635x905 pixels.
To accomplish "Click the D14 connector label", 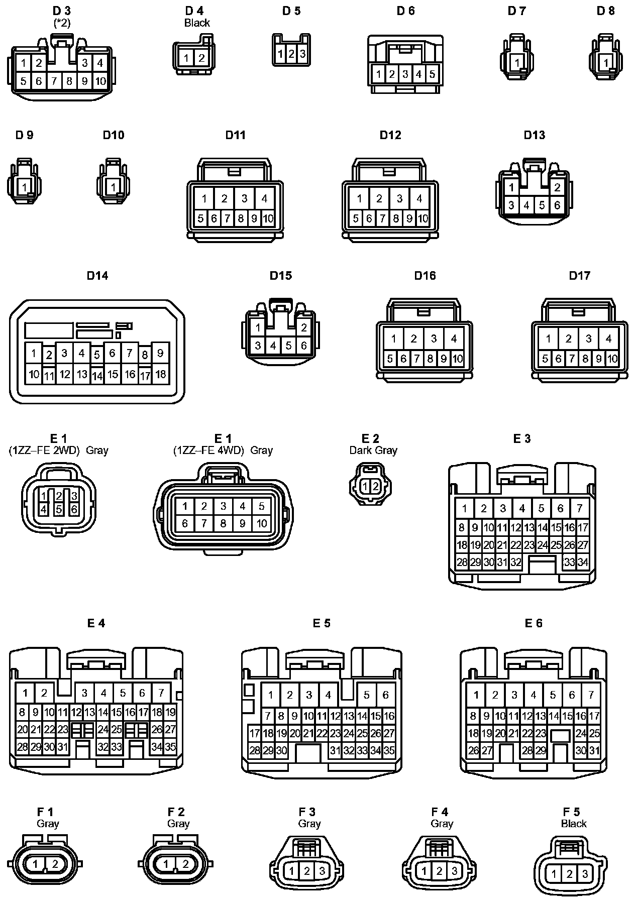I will pyautogui.click(x=97, y=275).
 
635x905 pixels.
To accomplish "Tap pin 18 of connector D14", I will pyautogui.click(x=160, y=374).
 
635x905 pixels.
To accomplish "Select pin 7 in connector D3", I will pyautogui.click(x=54, y=81).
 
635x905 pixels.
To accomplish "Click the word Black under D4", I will pyautogui.click(x=197, y=23).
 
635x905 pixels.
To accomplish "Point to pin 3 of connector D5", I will pyautogui.click(x=302, y=54).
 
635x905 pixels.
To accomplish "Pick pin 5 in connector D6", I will pyautogui.click(x=432, y=74).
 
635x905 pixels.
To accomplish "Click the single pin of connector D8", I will pyautogui.click(x=606, y=63).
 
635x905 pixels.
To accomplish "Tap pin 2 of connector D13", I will pyautogui.click(x=557, y=188).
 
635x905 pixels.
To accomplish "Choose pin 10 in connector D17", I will pyautogui.click(x=612, y=359).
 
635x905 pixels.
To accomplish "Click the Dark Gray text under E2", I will pyautogui.click(x=373, y=450).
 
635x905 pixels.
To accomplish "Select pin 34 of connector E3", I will pyautogui.click(x=583, y=562).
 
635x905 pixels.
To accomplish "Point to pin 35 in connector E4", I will pyautogui.click(x=170, y=747).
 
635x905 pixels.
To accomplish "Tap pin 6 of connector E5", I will pyautogui.click(x=385, y=695).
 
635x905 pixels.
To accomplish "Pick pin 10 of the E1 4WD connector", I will pyautogui.click(x=262, y=523).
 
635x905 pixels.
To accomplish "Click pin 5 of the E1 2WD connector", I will pyautogui.click(x=59, y=509).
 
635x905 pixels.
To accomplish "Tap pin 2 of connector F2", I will pyautogui.click(x=185, y=864).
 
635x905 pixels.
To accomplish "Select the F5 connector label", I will pyautogui.click(x=571, y=812).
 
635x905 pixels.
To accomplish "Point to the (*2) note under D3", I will pyautogui.click(x=62, y=23).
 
